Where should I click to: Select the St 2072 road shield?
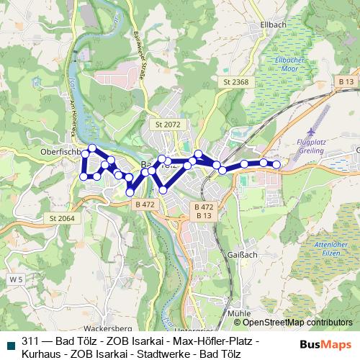[168, 124]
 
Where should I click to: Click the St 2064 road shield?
[63, 218]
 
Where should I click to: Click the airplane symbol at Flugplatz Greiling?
[312, 132]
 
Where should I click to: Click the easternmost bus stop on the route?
[276, 165]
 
